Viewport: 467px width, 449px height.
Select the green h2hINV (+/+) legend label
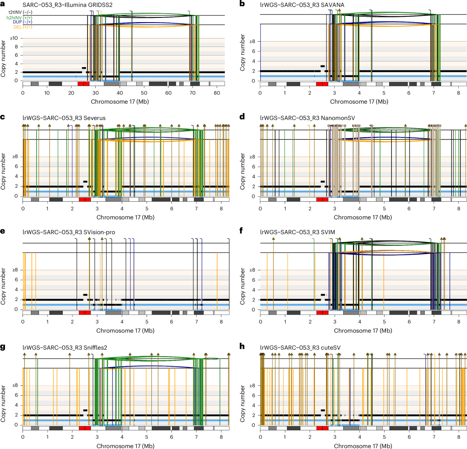pyautogui.click(x=19, y=17)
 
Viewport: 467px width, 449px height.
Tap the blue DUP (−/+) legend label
pyautogui.click(x=22, y=22)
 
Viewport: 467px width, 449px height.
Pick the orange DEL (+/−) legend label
pyautogui.click(x=23, y=27)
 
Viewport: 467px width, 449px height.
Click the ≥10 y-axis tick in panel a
pyautogui.click(x=14, y=38)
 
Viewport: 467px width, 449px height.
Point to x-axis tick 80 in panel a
pyautogui.click(x=217, y=93)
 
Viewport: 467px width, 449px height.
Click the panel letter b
pyautogui.click(x=242, y=4)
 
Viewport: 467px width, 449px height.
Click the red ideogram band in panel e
pyautogui.click(x=84, y=313)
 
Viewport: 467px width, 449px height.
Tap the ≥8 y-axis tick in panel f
pyautogui.click(x=253, y=270)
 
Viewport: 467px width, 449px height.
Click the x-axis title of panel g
pyautogui.click(x=125, y=446)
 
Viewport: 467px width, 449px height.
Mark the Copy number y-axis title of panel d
pyautogui.click(x=243, y=171)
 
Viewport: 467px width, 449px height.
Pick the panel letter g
pyautogui.click(x=3, y=347)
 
